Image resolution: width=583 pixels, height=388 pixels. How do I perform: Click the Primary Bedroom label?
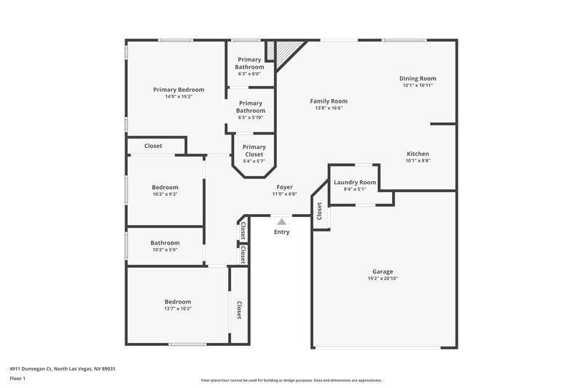click(x=179, y=90)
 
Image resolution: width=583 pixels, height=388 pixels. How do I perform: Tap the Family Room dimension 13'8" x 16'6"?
click(x=329, y=108)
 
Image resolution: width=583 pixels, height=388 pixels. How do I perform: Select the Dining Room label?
click(x=418, y=79)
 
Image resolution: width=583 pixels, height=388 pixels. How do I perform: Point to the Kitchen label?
click(x=418, y=154)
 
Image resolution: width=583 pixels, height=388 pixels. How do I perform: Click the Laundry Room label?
click(x=355, y=182)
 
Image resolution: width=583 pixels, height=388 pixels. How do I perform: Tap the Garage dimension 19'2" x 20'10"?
click(x=383, y=278)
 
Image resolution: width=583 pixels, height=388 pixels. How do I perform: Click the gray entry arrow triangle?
click(x=281, y=221)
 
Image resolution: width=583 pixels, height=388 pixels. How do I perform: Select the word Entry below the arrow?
click(x=281, y=232)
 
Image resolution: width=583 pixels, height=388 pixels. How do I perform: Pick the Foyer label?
click(x=284, y=187)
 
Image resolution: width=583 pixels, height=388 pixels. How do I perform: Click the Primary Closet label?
click(x=254, y=151)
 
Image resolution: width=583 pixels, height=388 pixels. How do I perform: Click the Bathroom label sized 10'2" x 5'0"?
click(x=165, y=243)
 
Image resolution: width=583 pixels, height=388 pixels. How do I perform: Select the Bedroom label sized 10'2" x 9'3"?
click(x=165, y=187)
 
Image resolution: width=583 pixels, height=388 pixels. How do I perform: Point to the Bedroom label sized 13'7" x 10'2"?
click(x=178, y=301)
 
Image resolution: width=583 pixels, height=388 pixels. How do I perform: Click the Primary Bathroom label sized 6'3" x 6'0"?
click(x=249, y=63)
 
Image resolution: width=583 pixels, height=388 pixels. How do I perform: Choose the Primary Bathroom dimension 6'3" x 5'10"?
click(x=249, y=117)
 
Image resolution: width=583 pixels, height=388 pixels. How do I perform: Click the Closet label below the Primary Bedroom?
click(x=153, y=146)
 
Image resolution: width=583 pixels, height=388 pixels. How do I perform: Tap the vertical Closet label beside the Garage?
click(x=319, y=210)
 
